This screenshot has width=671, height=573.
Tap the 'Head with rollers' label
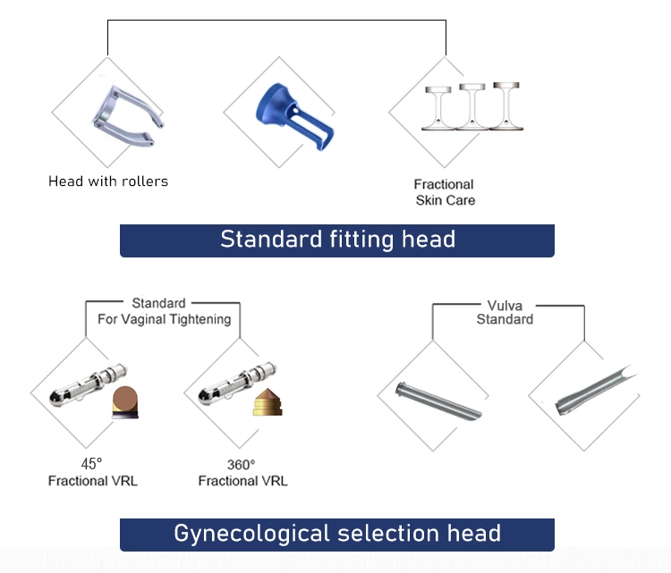click(x=108, y=181)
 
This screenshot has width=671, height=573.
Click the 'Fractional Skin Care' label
click(x=445, y=192)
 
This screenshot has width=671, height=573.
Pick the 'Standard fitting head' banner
click(x=337, y=240)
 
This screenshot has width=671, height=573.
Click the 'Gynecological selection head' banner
click(x=337, y=534)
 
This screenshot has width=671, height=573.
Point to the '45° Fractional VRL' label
click(x=93, y=472)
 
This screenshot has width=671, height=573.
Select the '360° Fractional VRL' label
click(x=242, y=472)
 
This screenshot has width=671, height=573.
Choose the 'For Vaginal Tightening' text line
click(x=164, y=318)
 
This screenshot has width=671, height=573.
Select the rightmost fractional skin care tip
click(x=505, y=106)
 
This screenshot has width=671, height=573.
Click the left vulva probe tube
click(x=438, y=403)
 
